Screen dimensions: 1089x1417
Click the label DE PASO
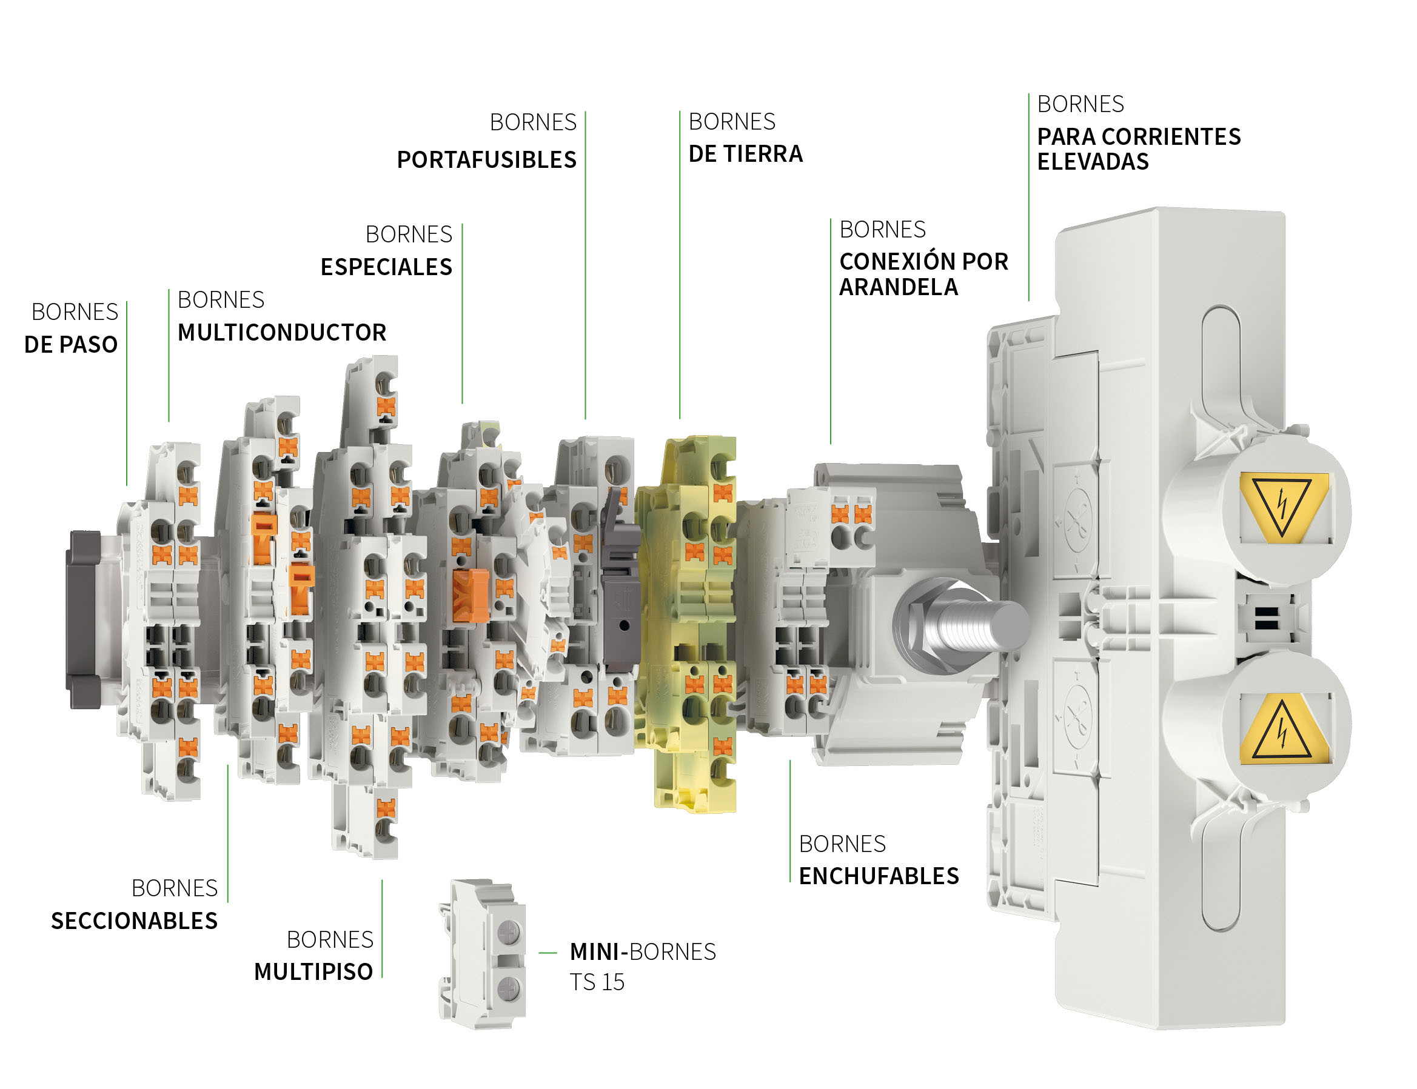click(x=71, y=344)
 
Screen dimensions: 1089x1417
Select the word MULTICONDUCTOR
click(x=281, y=333)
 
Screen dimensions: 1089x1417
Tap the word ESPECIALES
click(x=386, y=267)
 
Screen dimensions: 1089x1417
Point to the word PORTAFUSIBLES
click(x=486, y=159)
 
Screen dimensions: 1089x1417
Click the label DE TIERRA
click(x=745, y=155)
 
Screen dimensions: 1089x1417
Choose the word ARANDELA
click(x=898, y=287)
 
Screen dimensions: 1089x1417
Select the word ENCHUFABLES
click(x=878, y=876)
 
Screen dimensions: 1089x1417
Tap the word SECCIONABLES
click(x=134, y=921)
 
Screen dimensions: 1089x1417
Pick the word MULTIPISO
click(x=313, y=972)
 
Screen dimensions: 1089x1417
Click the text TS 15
click(x=596, y=983)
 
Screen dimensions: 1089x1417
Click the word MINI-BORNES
click(x=642, y=952)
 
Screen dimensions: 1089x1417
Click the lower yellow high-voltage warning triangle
click(x=1281, y=730)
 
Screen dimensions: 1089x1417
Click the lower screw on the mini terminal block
click(x=509, y=988)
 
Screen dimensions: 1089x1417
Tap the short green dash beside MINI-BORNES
click(x=548, y=953)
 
